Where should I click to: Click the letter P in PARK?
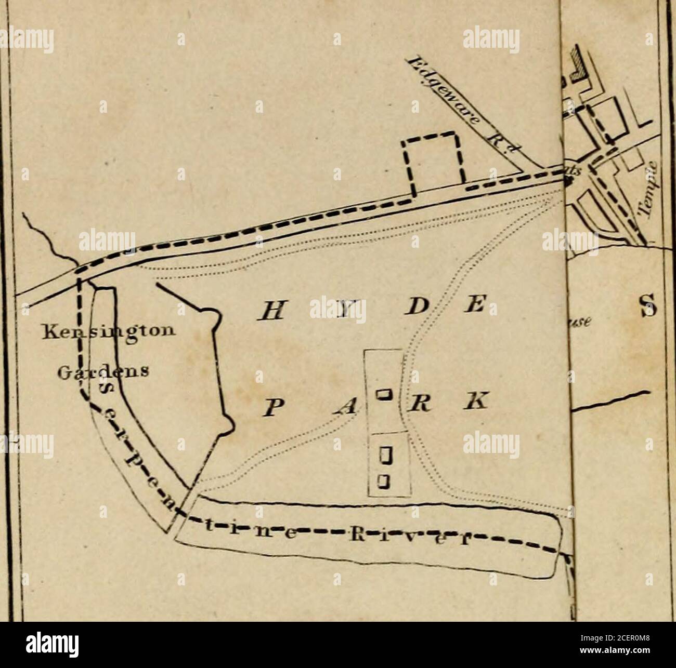tap(271, 405)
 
